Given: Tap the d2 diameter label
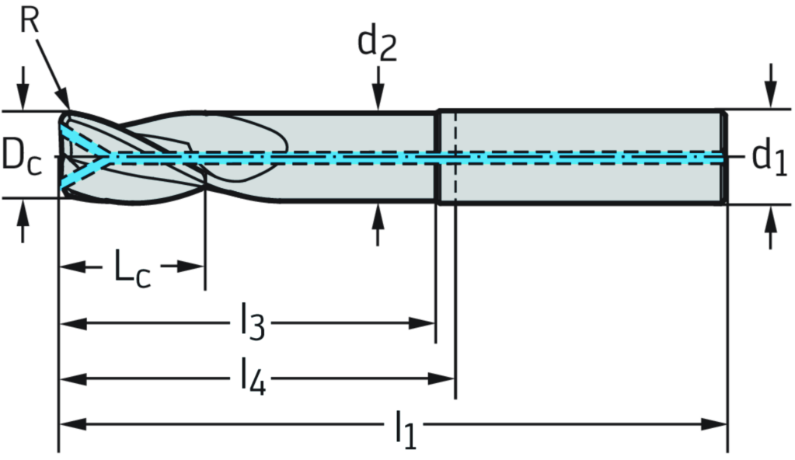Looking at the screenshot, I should (377, 45).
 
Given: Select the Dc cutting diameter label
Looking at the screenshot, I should (20, 155).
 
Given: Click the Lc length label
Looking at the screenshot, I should (127, 266).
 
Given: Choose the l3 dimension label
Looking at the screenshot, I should (250, 322).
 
